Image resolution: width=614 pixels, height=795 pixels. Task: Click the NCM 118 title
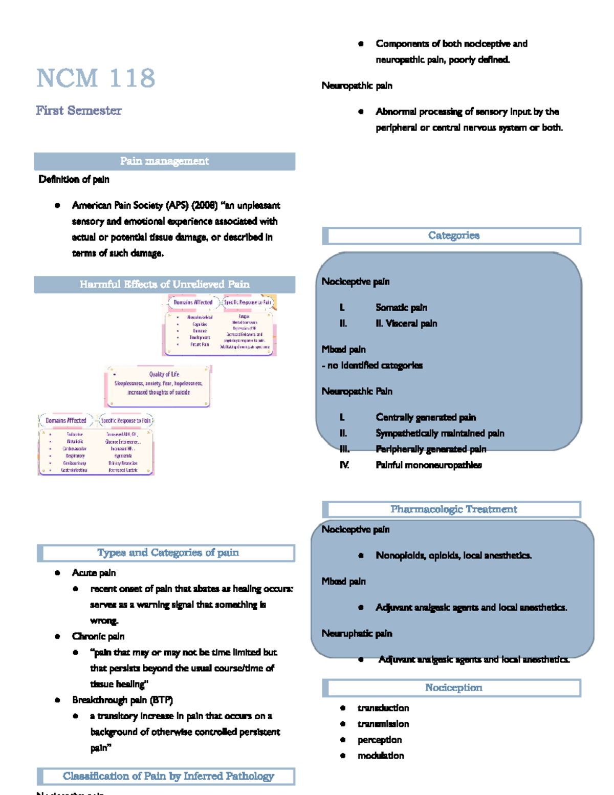point(96,78)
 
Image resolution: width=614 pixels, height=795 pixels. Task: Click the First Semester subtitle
point(79,111)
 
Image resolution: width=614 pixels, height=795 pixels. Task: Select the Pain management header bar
point(164,161)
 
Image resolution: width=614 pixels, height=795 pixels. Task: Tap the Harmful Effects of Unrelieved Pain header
point(164,285)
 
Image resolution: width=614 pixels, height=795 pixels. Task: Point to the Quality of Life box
point(158,386)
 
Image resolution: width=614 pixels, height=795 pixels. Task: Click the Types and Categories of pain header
point(167,553)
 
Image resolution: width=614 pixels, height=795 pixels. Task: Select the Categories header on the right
point(453,236)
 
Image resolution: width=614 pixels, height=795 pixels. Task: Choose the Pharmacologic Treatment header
point(453,509)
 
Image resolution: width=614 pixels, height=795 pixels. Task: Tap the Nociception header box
point(453,688)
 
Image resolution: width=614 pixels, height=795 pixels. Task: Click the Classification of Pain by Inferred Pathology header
point(168,777)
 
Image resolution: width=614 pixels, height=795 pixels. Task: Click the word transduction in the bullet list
point(383,708)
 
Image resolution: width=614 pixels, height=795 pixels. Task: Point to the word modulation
point(381,756)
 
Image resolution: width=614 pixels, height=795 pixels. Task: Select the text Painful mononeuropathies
point(428,465)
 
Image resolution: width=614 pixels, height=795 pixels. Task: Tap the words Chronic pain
point(98,636)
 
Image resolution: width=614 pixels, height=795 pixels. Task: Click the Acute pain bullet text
point(94,573)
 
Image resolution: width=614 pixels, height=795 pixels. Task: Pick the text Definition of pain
point(74,180)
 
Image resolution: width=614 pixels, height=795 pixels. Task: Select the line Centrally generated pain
point(426,417)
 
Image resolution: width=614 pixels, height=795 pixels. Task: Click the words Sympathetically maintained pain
point(440,434)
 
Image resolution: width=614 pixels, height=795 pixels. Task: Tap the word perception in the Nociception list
point(380,740)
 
